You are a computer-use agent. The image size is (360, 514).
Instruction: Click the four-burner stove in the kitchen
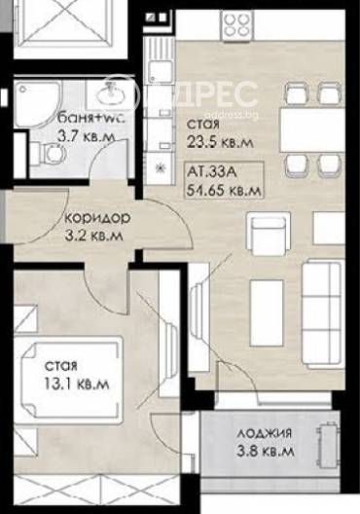238,25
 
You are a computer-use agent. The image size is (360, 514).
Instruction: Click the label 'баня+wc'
91,118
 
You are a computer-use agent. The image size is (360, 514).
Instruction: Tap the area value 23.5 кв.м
220,142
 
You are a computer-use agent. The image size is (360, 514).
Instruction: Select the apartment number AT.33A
211,172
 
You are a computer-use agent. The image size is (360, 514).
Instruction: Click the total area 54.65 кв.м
224,190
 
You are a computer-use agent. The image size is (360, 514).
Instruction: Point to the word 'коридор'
98,218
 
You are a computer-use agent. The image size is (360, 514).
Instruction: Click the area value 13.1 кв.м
77,384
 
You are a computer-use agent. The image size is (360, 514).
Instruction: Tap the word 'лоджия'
265,433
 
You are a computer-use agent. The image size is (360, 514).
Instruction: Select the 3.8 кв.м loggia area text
266,452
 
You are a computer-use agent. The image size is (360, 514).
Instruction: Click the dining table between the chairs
312,130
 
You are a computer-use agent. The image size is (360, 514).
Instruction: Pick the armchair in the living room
269,234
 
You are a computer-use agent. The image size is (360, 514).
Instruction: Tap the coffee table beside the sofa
267,313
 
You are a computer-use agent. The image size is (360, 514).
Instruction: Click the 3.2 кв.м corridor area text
94,236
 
